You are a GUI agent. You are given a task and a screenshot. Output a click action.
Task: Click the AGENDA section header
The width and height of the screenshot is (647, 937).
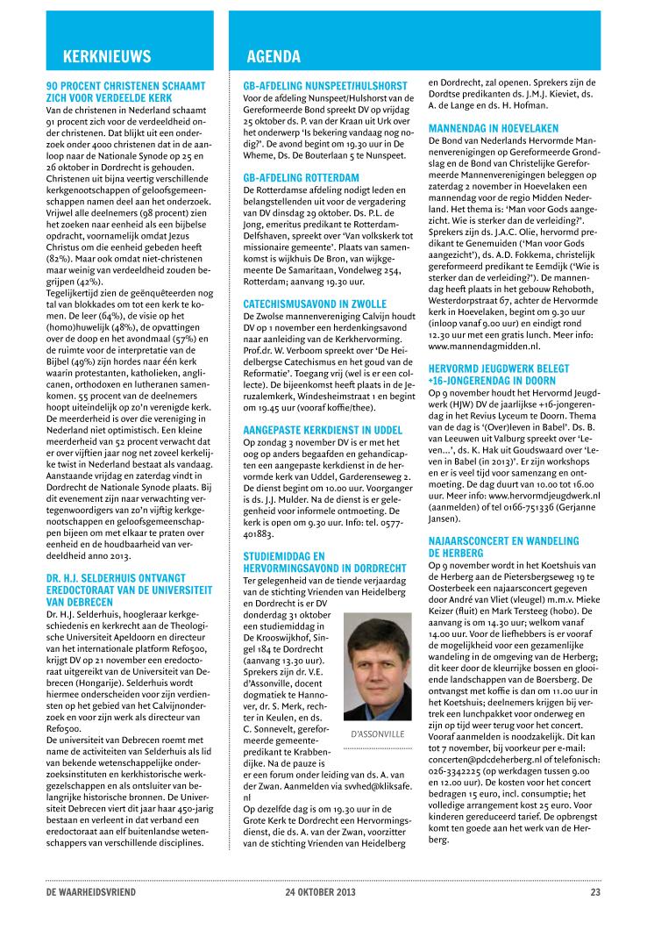point(274,57)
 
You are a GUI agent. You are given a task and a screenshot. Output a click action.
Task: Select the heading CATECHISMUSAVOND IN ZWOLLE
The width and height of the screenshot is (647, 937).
point(309,302)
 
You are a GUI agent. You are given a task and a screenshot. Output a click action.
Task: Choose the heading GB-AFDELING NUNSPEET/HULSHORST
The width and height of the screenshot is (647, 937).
point(324,86)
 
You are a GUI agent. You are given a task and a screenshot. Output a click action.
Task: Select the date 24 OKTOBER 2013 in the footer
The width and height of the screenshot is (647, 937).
point(320,893)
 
